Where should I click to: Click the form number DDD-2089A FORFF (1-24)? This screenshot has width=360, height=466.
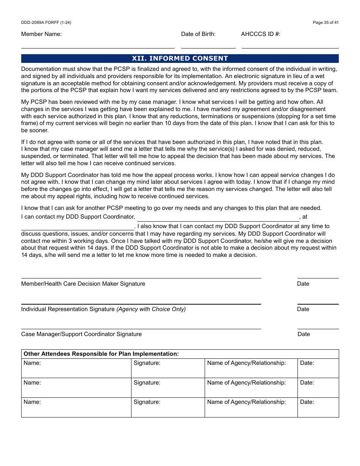tap(46, 22)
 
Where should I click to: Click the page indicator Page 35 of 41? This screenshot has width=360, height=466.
tap(326, 22)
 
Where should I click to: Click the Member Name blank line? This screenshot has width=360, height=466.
tap(98, 45)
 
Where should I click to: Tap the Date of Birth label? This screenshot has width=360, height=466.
tap(198, 34)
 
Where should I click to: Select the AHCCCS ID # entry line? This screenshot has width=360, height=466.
tap(290, 45)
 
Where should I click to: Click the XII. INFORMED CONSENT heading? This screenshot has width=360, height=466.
tap(180, 58)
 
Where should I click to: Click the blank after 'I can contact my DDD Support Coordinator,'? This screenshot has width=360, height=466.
tap(218, 218)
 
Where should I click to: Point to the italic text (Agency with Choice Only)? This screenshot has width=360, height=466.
tap(151, 309)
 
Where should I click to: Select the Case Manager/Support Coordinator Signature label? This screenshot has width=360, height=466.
tap(81, 334)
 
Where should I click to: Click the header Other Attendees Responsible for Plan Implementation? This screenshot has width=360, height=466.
tap(101, 354)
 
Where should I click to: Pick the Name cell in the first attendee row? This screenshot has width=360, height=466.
tap(76, 368)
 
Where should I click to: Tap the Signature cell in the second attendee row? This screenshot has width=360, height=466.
tap(168, 388)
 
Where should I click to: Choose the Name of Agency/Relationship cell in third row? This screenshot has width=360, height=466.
tap(251, 407)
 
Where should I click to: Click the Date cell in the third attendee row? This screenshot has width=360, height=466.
tap(318, 407)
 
